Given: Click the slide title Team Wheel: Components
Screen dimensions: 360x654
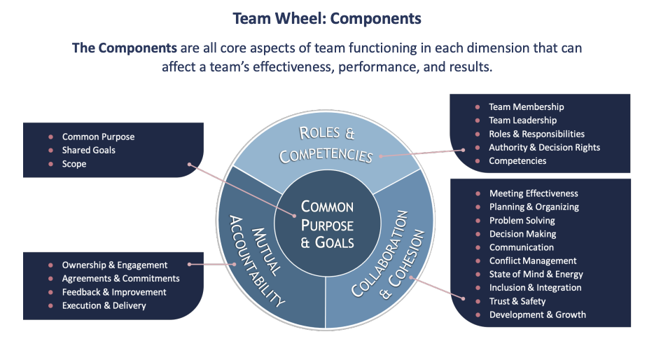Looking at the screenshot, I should coord(327,18).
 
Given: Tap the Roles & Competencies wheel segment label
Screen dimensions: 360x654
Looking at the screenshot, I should coord(326,144).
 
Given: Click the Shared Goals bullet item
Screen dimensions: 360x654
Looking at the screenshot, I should coord(88,150).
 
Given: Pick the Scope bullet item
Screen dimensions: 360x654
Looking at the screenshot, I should coord(74,164).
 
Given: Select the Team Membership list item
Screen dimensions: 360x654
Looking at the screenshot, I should coord(526,107).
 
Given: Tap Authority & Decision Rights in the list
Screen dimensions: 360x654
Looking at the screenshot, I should coord(544,147).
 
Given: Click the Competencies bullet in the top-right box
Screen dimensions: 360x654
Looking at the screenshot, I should coord(517,161).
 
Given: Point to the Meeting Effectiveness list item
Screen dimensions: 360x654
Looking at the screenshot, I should coord(534,193).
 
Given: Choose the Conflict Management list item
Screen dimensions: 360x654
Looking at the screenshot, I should coord(533,261).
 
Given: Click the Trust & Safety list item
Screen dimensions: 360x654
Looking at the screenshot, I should coord(517,301).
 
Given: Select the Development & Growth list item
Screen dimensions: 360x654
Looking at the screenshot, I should coord(537,314).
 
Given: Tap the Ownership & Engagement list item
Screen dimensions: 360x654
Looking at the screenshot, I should coord(115,265).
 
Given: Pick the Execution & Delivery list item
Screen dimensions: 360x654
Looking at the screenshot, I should coord(104,305).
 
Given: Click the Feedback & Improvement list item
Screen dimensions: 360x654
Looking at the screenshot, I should coord(114,292).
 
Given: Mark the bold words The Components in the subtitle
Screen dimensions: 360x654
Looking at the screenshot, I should coord(118,48).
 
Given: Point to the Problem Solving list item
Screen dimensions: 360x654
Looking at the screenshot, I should coord(522,220).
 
